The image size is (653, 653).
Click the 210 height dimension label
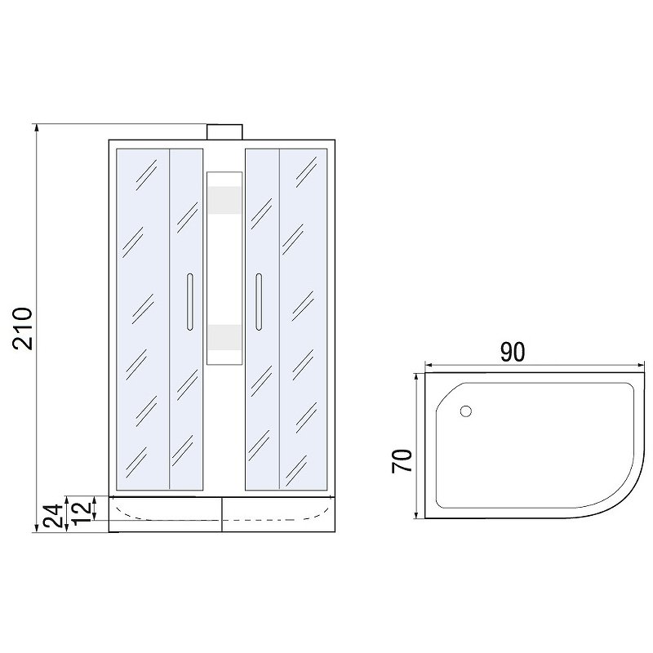click(x=23, y=329)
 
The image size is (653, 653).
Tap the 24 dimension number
click(x=53, y=516)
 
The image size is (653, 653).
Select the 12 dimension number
click(x=81, y=513)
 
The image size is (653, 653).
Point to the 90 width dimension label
click(x=513, y=353)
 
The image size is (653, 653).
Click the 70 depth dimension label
click(x=402, y=461)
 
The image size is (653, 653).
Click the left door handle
click(x=190, y=301)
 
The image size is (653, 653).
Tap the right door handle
click(x=259, y=301)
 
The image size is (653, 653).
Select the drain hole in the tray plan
click(x=465, y=411)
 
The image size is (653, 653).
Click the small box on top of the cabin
click(x=225, y=132)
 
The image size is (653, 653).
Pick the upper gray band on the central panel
click(x=225, y=200)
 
